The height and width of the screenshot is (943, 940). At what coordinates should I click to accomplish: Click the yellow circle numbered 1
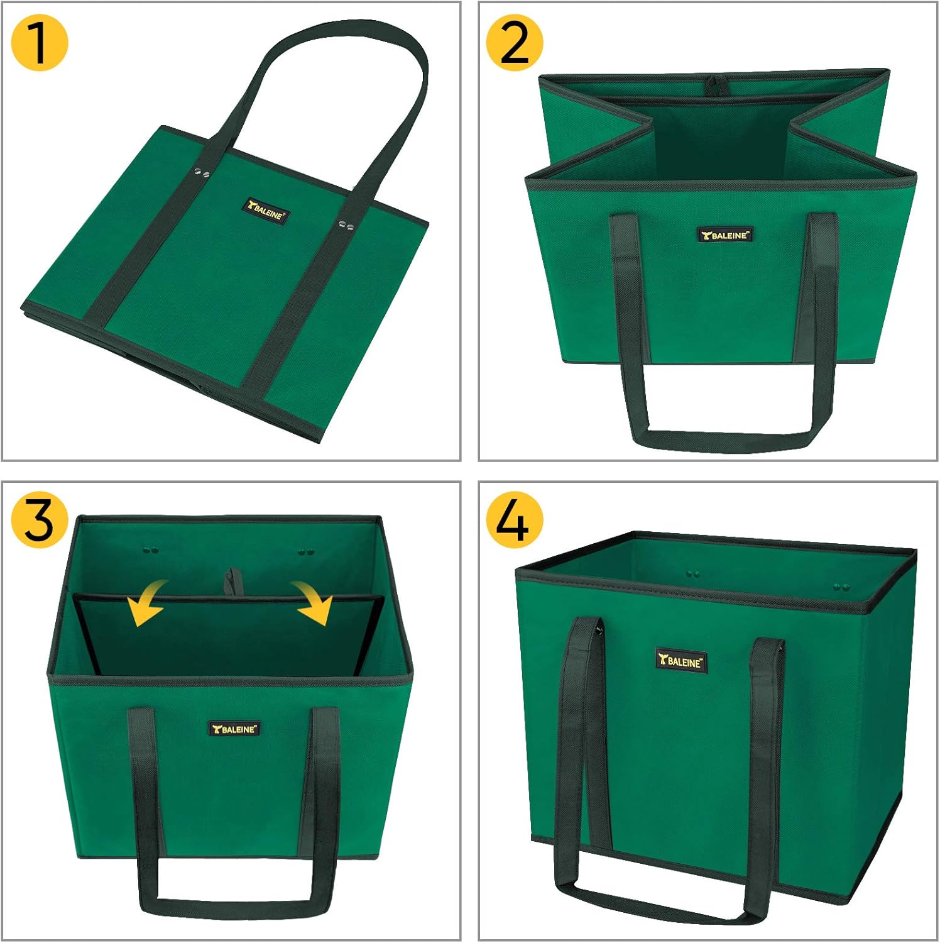[39, 43]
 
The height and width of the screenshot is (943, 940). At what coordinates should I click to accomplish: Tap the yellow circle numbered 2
[514, 43]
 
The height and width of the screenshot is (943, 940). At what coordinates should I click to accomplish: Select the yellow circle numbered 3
[39, 520]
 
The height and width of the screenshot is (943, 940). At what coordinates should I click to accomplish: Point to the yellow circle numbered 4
[514, 520]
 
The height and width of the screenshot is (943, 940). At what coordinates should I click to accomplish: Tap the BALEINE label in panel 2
[725, 235]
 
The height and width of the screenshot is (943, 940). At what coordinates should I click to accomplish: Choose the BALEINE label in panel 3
[234, 729]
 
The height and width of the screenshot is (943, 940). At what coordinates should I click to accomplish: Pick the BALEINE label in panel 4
[680, 661]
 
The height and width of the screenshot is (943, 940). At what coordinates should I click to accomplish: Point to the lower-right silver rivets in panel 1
[345, 224]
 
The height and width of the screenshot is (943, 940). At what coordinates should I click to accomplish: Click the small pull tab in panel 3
[233, 581]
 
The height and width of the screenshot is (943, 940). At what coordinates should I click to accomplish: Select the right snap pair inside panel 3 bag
[306, 552]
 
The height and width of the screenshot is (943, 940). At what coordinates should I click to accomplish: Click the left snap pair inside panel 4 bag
[694, 574]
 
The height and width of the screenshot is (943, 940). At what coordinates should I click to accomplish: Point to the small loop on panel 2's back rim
[713, 85]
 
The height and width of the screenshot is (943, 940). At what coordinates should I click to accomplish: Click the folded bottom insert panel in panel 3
[229, 635]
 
